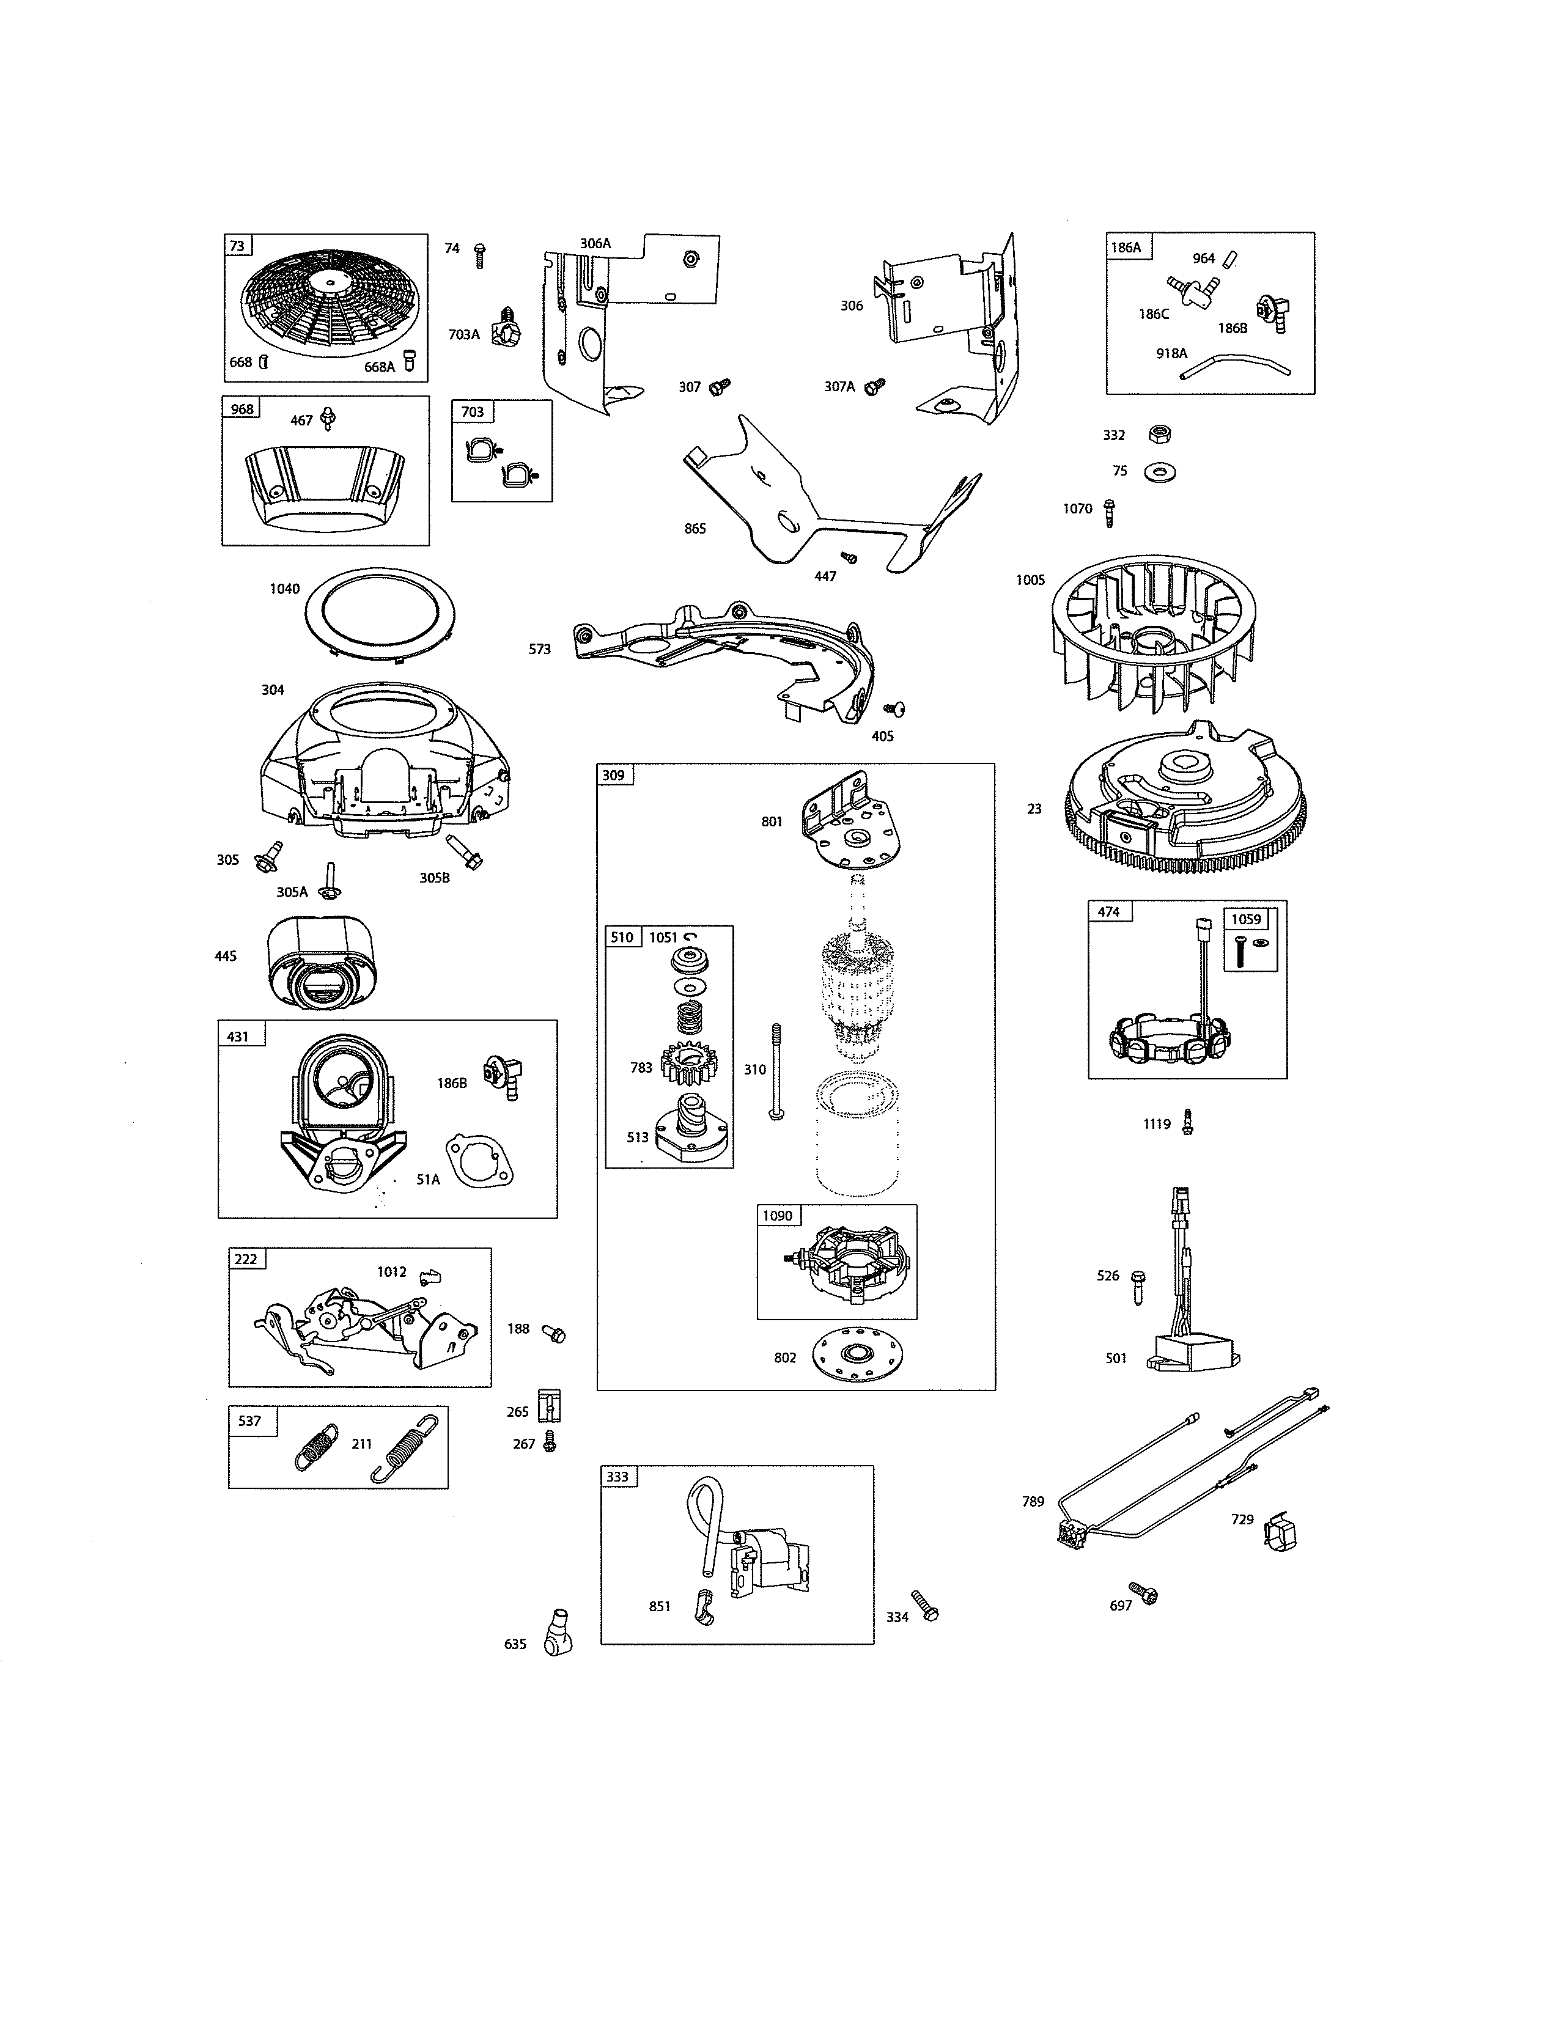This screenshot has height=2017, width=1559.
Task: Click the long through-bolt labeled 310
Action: coord(776,1071)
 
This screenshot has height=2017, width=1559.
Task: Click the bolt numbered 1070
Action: coord(1109,513)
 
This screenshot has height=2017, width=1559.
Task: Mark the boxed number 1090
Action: coord(778,1215)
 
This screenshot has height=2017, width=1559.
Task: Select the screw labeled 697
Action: coord(1143,1593)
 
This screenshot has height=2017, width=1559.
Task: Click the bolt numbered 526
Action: coord(1138,1285)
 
